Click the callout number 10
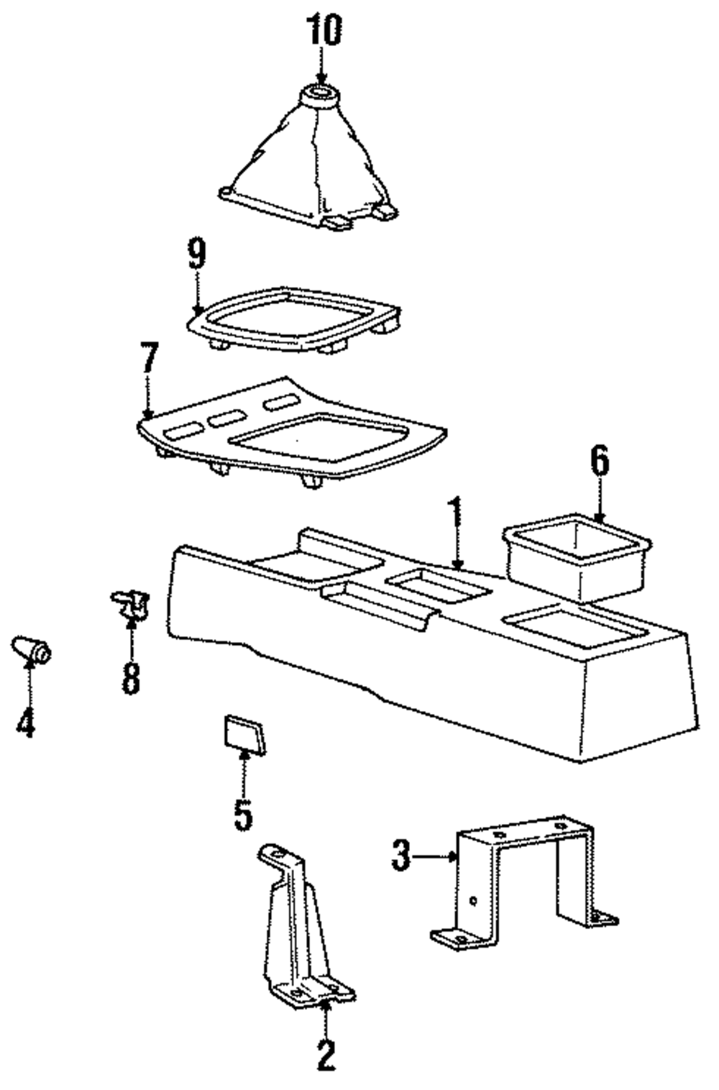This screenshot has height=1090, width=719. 324,31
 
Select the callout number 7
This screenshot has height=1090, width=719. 149,357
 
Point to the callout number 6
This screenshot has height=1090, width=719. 600,462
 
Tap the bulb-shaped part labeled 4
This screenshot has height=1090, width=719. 31,649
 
